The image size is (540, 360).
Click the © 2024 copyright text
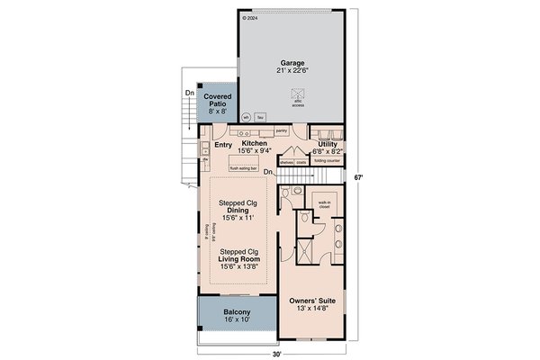tap(250, 16)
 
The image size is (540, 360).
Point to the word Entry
tap(223, 143)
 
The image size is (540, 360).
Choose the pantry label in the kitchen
tap(281, 130)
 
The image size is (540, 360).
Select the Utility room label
tap(327, 143)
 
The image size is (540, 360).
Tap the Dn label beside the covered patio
tap(190, 93)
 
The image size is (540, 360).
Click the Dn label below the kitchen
tap(267, 171)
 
